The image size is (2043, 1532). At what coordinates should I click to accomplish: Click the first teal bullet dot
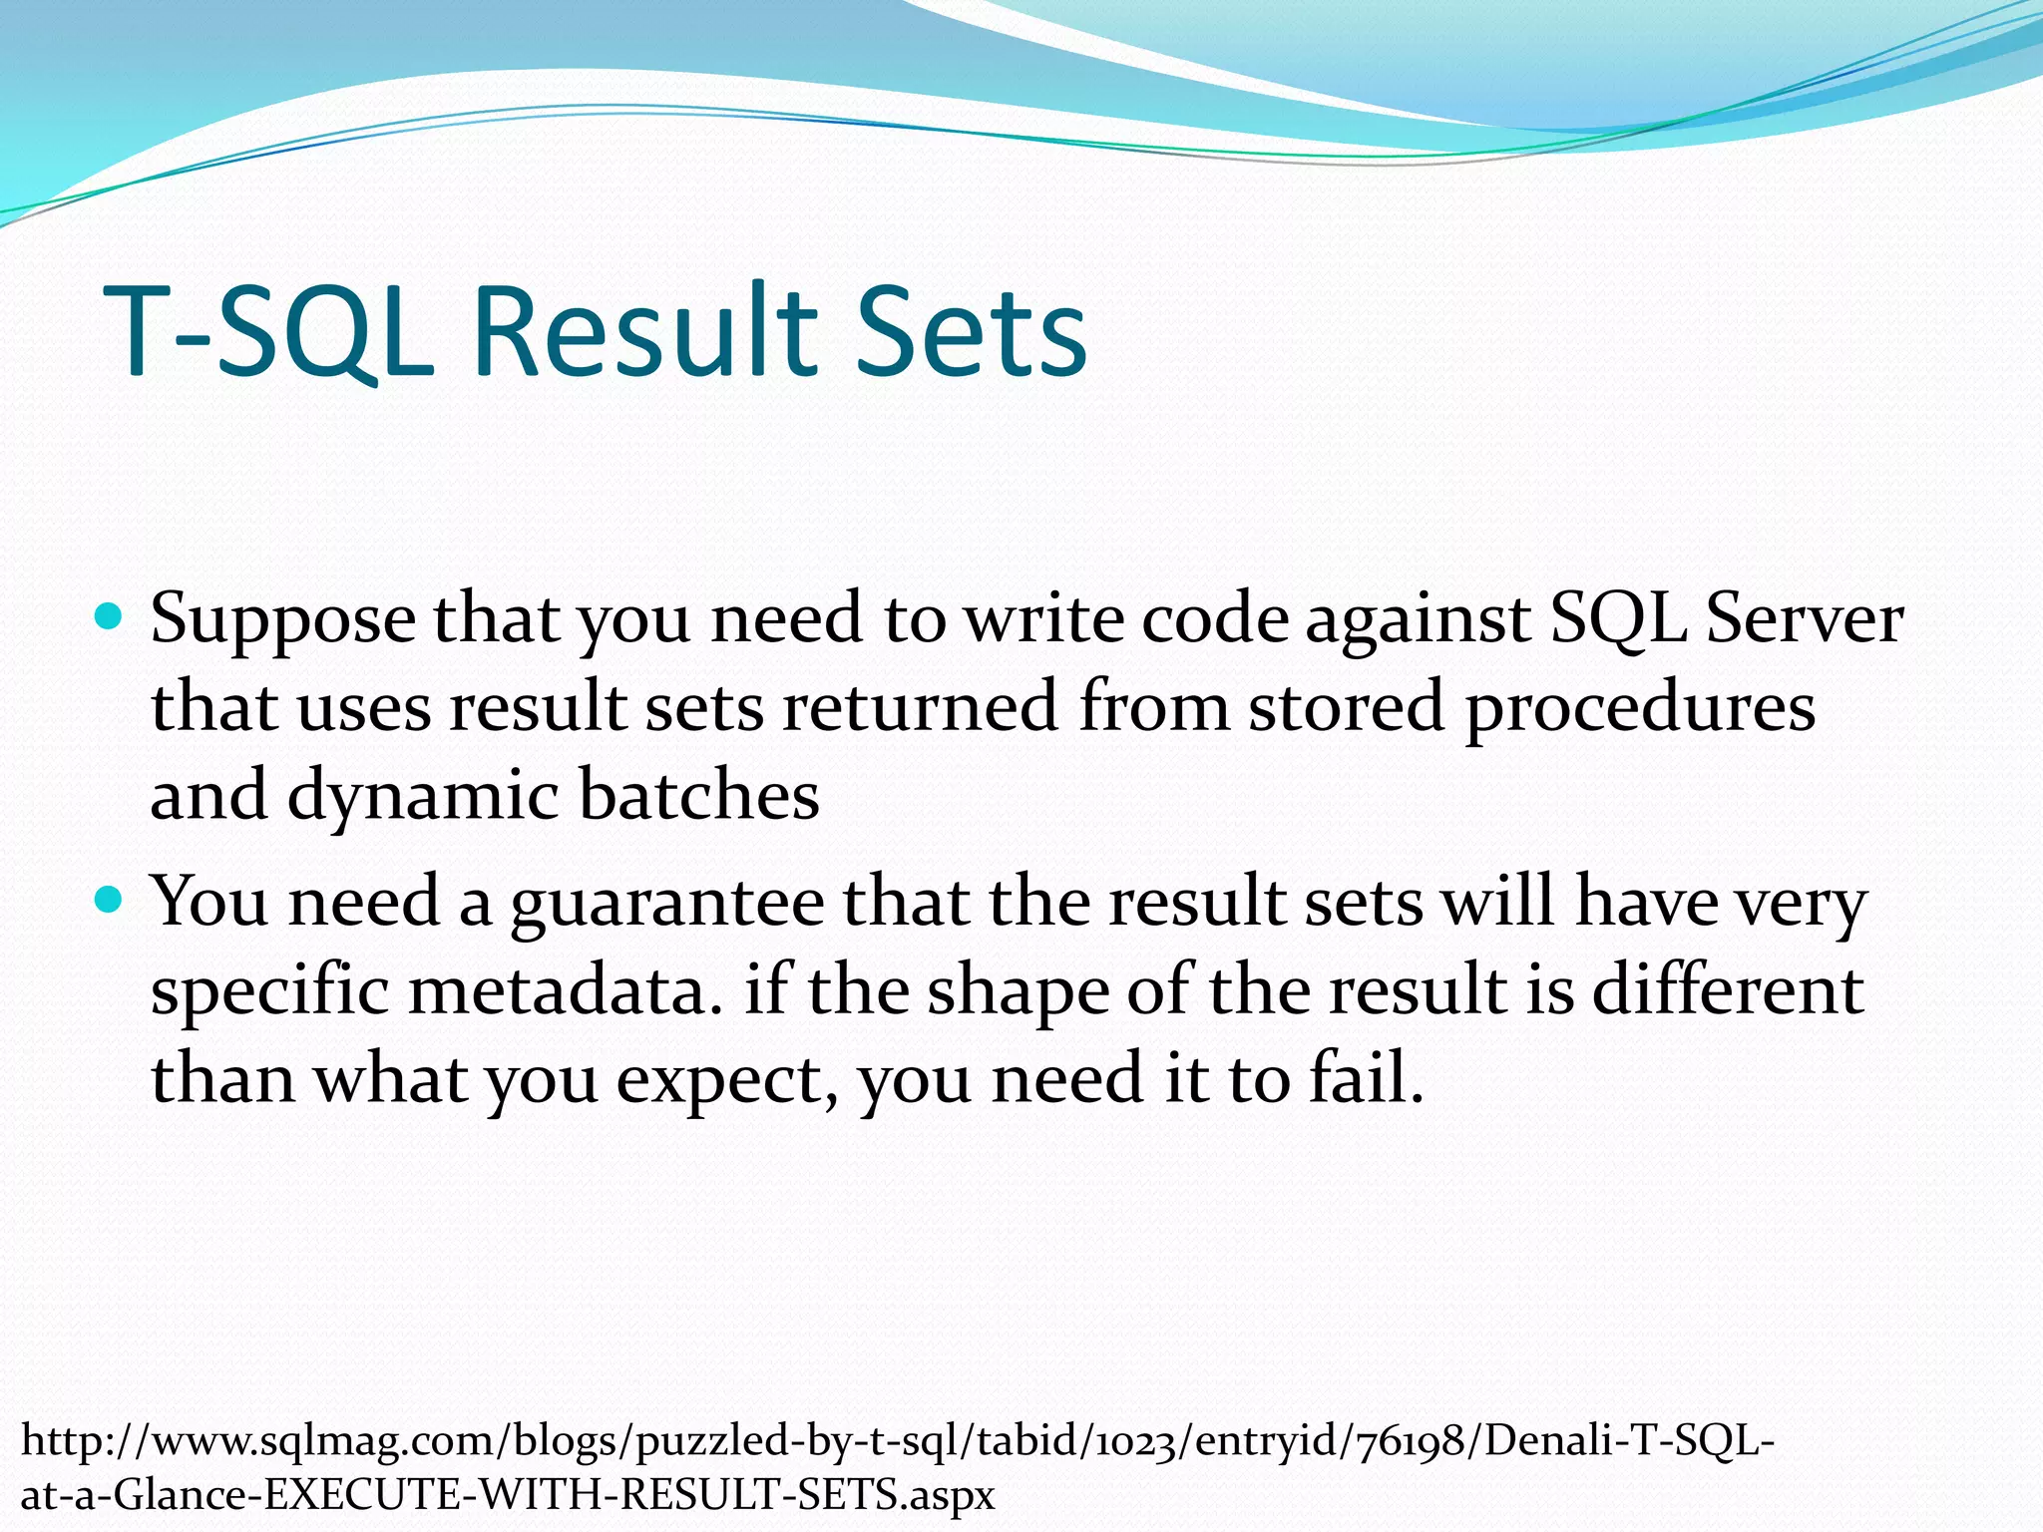[x=109, y=617]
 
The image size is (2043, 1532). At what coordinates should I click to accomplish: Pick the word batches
[x=698, y=795]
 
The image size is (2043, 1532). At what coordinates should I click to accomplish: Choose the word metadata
[x=565, y=990]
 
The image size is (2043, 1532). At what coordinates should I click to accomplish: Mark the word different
[x=1727, y=990]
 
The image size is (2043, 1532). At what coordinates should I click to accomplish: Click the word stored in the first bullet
[x=1347, y=707]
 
